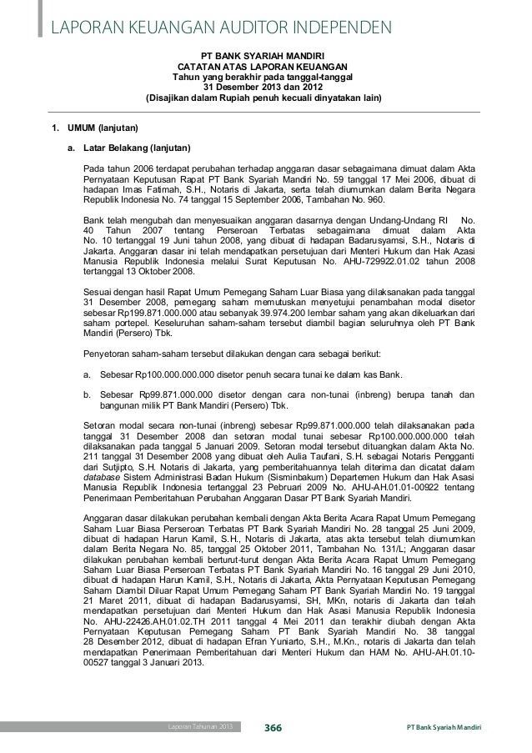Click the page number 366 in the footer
(273, 728)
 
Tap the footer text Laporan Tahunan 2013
(197, 728)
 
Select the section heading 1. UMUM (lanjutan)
(91, 128)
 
